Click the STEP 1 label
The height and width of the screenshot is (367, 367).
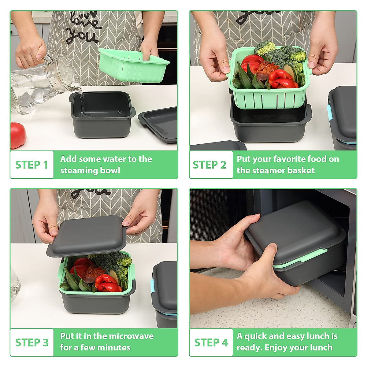coord(32,165)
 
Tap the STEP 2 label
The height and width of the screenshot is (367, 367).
coord(209,165)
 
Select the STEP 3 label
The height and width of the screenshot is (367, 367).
coord(32,343)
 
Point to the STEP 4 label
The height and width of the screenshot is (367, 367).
coord(211,343)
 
